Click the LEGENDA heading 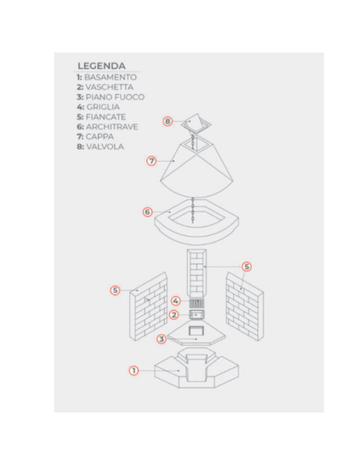[101, 66]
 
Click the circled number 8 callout [167, 121]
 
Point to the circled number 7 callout [151, 161]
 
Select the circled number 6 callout [147, 212]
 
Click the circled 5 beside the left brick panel [115, 290]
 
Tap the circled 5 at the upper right [246, 267]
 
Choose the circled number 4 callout [175, 301]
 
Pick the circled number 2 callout [174, 315]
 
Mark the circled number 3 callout [162, 339]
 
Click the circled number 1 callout [134, 370]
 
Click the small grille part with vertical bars [197, 303]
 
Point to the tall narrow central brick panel [197, 273]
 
